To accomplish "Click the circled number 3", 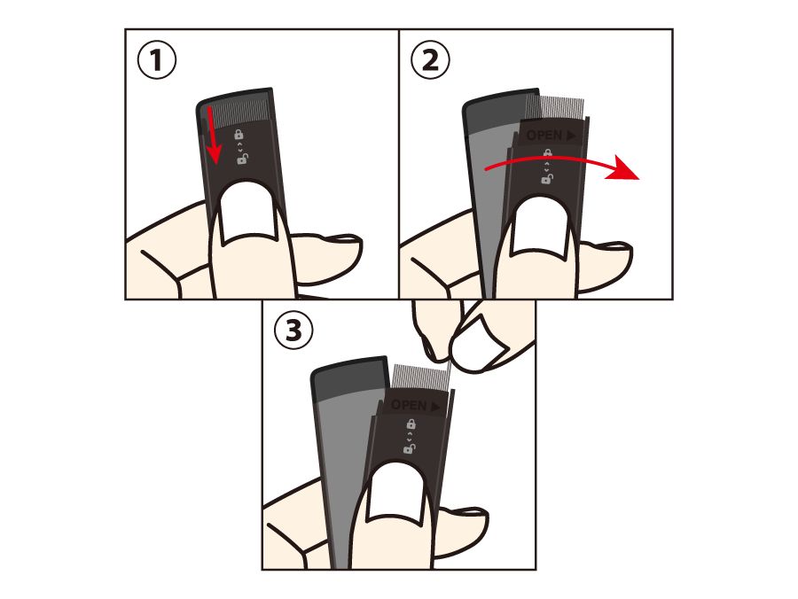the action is pos(293,331).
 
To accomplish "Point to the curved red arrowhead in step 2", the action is pos(622,167).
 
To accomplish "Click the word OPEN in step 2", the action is pos(544,136).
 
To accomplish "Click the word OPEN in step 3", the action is pos(409,405).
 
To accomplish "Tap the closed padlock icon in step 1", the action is pos(239,134).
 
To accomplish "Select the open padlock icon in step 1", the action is pos(243,159).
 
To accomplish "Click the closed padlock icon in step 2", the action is pos(548,152).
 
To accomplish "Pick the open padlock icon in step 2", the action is pos(548,178).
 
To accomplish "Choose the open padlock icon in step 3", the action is pos(410,448).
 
